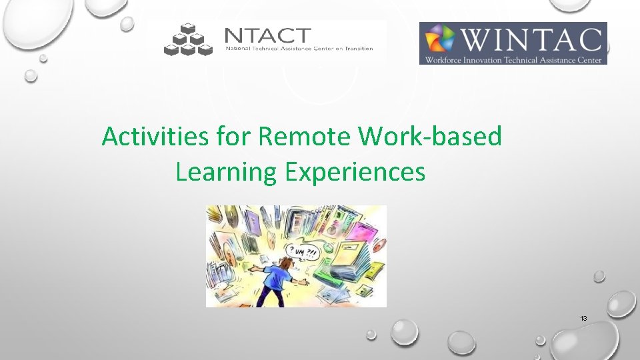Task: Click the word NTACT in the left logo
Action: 267,35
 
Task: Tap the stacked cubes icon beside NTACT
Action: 188,39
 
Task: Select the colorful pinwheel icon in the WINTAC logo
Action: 440,39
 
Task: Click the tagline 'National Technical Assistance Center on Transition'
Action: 299,49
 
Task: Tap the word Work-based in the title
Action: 429,137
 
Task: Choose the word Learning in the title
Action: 226,172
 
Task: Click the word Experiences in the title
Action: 355,172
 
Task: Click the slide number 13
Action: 583,319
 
